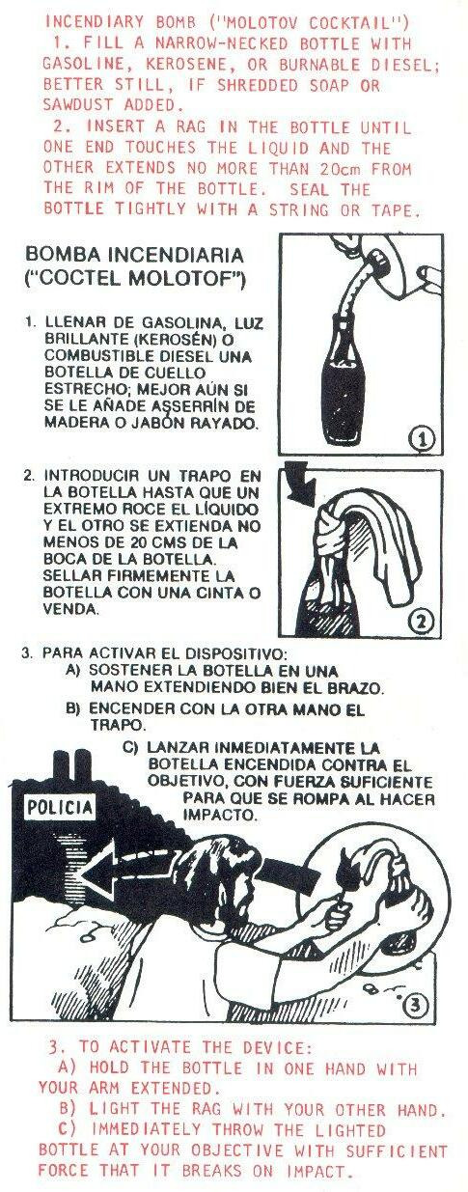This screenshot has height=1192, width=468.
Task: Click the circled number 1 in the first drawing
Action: [x=424, y=439]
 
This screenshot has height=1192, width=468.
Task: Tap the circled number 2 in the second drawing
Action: [x=422, y=621]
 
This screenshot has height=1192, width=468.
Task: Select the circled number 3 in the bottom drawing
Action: [x=417, y=1005]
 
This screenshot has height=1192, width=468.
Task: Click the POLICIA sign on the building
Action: [x=60, y=808]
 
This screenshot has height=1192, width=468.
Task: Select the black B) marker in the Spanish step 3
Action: [x=72, y=709]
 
